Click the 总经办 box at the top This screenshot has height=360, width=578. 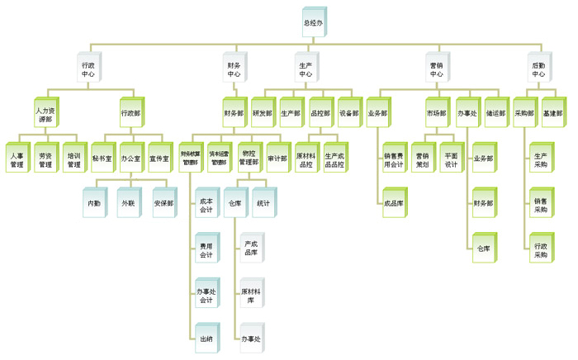313,23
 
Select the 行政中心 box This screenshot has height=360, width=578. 88,69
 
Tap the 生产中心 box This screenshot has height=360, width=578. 306,69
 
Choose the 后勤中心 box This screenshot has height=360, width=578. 538,69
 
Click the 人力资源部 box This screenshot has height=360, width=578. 44,114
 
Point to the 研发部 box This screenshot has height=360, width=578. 263,113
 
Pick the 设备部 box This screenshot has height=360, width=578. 349,113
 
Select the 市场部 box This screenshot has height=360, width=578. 436,113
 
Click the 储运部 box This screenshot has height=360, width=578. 495,113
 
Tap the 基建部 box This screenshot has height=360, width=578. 552,113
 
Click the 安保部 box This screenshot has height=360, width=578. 163,203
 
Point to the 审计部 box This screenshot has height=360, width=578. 277,158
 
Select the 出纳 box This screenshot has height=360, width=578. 206,339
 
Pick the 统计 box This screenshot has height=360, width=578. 263,203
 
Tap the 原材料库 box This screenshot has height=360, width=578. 251,296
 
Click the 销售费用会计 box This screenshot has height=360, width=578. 393,160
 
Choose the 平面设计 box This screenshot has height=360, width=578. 451,160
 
